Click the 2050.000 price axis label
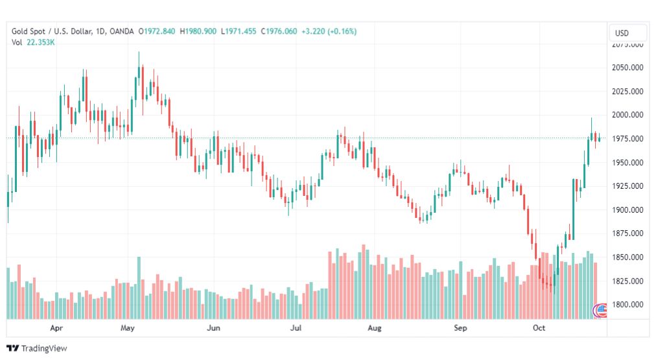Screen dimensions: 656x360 [627, 67]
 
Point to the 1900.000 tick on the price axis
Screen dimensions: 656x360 [627, 210]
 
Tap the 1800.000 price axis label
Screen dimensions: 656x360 [627, 305]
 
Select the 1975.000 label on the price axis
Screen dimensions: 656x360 [627, 139]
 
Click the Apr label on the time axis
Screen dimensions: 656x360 [56, 328]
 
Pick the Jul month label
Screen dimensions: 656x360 [296, 328]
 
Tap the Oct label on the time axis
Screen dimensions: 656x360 [539, 328]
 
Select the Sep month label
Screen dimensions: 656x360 [460, 328]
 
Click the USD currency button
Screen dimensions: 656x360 [622, 33]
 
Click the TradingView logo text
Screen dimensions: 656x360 [44, 348]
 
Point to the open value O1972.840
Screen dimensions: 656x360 [157, 31]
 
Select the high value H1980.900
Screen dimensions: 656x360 [198, 31]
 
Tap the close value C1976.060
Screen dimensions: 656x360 [279, 31]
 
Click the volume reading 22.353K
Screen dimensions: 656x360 [41, 42]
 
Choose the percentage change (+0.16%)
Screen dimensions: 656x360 [342, 31]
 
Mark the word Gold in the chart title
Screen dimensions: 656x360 [19, 31]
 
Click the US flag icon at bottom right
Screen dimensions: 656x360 [601, 310]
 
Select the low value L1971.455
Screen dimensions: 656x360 [239, 31]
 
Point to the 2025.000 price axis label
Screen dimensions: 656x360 [627, 91]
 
